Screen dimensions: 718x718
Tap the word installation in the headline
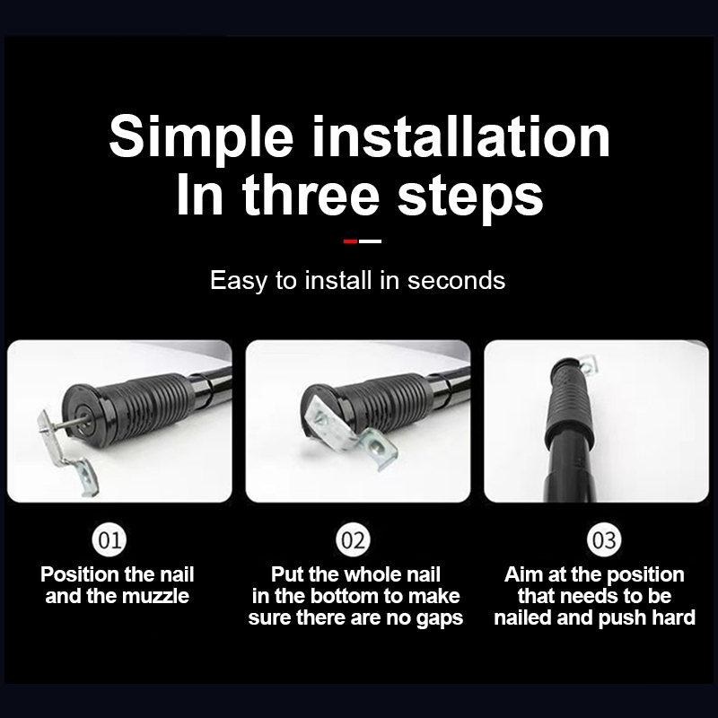461,136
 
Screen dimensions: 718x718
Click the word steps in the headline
470,198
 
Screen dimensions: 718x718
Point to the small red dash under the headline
350,241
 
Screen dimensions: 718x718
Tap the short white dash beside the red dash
370,241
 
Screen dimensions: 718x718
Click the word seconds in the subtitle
456,280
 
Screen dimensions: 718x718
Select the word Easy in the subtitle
238,281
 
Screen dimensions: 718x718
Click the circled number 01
109,539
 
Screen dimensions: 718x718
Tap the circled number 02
353,539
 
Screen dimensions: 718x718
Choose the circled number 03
604,539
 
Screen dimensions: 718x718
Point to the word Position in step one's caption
79,574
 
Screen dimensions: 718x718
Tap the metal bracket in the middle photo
349,432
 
